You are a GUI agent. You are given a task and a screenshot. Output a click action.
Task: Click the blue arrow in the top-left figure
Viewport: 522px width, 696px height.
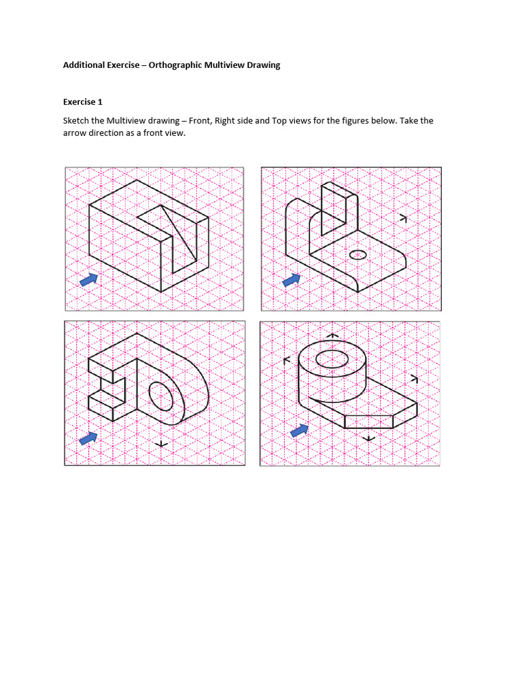(88, 279)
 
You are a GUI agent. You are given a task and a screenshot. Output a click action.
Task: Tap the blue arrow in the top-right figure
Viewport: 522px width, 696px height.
(292, 279)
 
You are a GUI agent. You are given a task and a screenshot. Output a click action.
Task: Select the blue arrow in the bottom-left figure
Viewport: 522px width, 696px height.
(88, 438)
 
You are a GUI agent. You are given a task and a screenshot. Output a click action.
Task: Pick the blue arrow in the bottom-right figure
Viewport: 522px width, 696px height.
(299, 430)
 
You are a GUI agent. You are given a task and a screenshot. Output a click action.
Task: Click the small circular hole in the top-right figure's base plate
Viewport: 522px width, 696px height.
(358, 255)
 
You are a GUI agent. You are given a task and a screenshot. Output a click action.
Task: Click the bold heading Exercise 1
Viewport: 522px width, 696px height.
(82, 102)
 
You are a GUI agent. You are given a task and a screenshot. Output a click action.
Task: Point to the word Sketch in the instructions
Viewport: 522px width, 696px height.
(76, 121)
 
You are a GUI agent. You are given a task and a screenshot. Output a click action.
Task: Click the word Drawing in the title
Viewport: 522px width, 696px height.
(262, 65)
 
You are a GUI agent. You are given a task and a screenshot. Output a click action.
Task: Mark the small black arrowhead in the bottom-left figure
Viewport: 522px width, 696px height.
(161, 445)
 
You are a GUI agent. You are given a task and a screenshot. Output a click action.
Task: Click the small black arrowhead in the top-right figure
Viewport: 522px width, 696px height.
(403, 218)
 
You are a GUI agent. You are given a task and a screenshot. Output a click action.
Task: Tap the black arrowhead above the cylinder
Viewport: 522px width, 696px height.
(332, 335)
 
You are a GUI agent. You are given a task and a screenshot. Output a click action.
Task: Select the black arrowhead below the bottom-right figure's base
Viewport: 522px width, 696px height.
(368, 438)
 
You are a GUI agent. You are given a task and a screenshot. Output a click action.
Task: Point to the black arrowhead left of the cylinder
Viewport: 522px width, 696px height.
(286, 360)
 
